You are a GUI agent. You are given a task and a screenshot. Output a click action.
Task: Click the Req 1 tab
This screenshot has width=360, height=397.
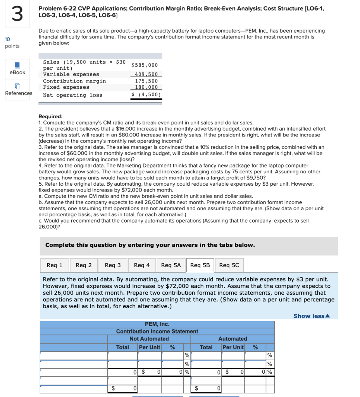coord(55,265)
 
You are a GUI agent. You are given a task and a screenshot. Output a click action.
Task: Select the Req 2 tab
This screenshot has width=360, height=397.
coord(84,265)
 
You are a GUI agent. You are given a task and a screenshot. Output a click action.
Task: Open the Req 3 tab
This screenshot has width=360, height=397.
coord(113,265)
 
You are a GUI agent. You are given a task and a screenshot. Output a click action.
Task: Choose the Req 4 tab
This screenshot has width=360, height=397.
coord(142,265)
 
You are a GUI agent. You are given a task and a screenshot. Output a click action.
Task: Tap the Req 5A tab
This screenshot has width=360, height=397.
coord(171,265)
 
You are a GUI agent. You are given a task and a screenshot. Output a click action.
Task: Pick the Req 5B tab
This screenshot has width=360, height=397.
coord(200,265)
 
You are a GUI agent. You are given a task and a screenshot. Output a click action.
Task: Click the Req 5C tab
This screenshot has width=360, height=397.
coord(229,265)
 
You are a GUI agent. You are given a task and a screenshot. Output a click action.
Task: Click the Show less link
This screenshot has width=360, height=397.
coord(311,316)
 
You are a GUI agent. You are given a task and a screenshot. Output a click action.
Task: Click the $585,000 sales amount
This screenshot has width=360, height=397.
coord(145,66)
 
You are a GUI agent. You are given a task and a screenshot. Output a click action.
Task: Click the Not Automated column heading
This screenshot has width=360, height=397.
coord(149,339)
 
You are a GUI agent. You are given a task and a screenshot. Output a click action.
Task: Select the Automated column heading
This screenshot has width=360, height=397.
coord(233,339)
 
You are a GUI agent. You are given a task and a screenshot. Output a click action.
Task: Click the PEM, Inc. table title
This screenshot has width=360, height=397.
coord(157,324)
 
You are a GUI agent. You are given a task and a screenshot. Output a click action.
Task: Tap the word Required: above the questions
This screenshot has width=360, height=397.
coord(50,116)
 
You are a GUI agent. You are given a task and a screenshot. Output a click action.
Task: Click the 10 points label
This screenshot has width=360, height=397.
coord(12,43)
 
